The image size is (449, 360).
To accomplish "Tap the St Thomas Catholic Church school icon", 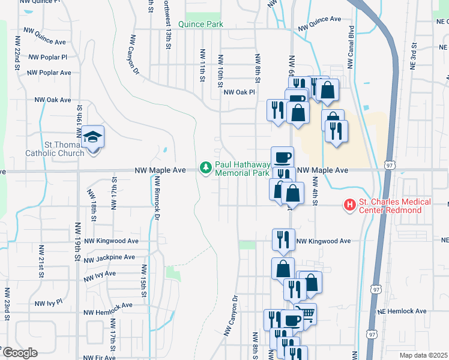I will click(93, 137).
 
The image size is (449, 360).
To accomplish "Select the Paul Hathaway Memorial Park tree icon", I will click(206, 167).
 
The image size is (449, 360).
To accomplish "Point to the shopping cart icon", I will click(306, 313).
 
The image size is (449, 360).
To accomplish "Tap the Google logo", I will click(20, 353).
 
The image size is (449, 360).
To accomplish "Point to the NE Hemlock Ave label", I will click(402, 311).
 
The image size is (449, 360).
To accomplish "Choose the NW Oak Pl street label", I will click(240, 92).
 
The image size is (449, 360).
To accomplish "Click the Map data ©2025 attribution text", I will click(424, 355).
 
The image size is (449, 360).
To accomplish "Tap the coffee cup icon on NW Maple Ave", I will click(282, 158).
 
